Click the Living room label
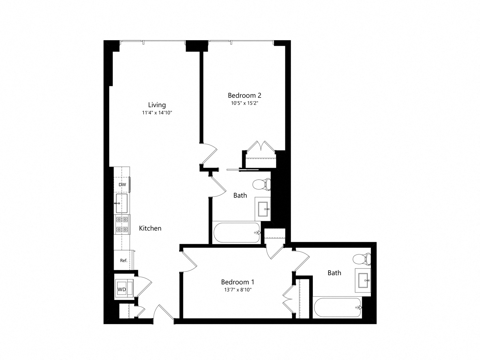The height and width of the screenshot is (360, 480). tap(157, 105)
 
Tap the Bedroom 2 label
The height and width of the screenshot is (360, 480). tap(244, 95)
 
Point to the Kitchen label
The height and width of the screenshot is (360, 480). tap(150, 228)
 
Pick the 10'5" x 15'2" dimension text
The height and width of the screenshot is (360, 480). tap(244, 103)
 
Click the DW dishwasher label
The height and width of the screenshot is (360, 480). tap(122, 184)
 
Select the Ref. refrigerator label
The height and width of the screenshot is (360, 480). tap(123, 261)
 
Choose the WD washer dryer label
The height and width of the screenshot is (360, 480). tap(121, 289)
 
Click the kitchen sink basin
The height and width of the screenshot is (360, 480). tap(121, 203)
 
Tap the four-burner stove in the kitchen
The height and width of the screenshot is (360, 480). tap(122, 225)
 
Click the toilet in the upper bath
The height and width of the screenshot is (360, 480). tap(261, 184)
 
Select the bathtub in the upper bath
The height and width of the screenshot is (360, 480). tap(237, 233)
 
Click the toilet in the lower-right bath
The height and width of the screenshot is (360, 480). tap(362, 259)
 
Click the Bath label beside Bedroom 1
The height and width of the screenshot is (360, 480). tap(334, 273)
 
